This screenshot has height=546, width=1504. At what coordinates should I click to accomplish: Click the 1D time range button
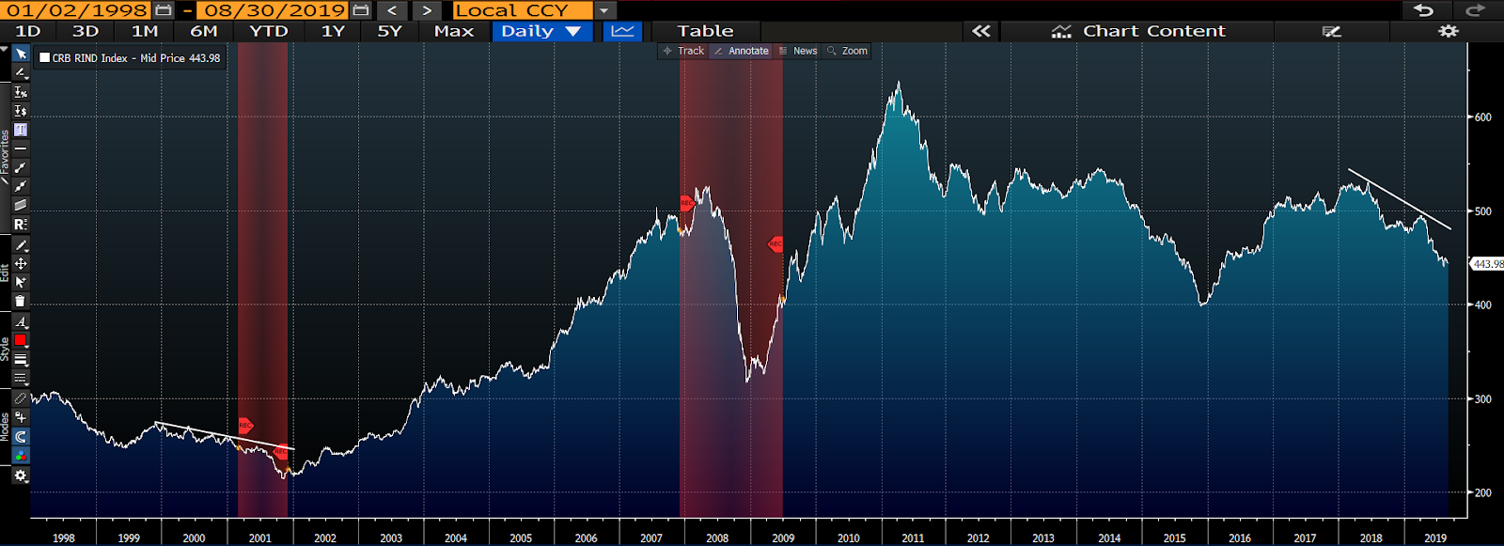click(x=28, y=31)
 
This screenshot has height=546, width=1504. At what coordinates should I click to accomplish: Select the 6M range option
click(x=204, y=31)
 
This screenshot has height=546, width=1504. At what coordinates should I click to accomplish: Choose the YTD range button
click(x=269, y=31)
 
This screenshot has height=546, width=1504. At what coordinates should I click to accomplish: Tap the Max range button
click(x=454, y=31)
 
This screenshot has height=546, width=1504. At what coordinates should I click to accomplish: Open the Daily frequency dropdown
click(x=540, y=31)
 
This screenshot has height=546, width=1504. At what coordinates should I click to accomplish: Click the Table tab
click(x=705, y=31)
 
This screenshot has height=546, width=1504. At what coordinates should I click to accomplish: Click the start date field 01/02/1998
click(x=78, y=10)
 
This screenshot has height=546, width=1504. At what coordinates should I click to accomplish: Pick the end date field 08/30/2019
click(x=275, y=10)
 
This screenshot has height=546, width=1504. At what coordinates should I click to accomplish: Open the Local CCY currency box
click(x=522, y=10)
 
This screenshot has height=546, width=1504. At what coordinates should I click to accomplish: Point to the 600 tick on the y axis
click(x=1482, y=117)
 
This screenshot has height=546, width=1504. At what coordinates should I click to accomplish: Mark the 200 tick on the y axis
click(x=1482, y=492)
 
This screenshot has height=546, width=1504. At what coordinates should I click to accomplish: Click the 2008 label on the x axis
click(x=717, y=538)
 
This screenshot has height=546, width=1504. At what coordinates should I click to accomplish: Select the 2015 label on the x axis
click(x=1174, y=538)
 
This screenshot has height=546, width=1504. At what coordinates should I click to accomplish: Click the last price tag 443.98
click(x=1487, y=264)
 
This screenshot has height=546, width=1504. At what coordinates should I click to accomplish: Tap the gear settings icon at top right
click(x=1449, y=31)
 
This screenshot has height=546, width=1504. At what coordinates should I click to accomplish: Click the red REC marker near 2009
click(x=775, y=244)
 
